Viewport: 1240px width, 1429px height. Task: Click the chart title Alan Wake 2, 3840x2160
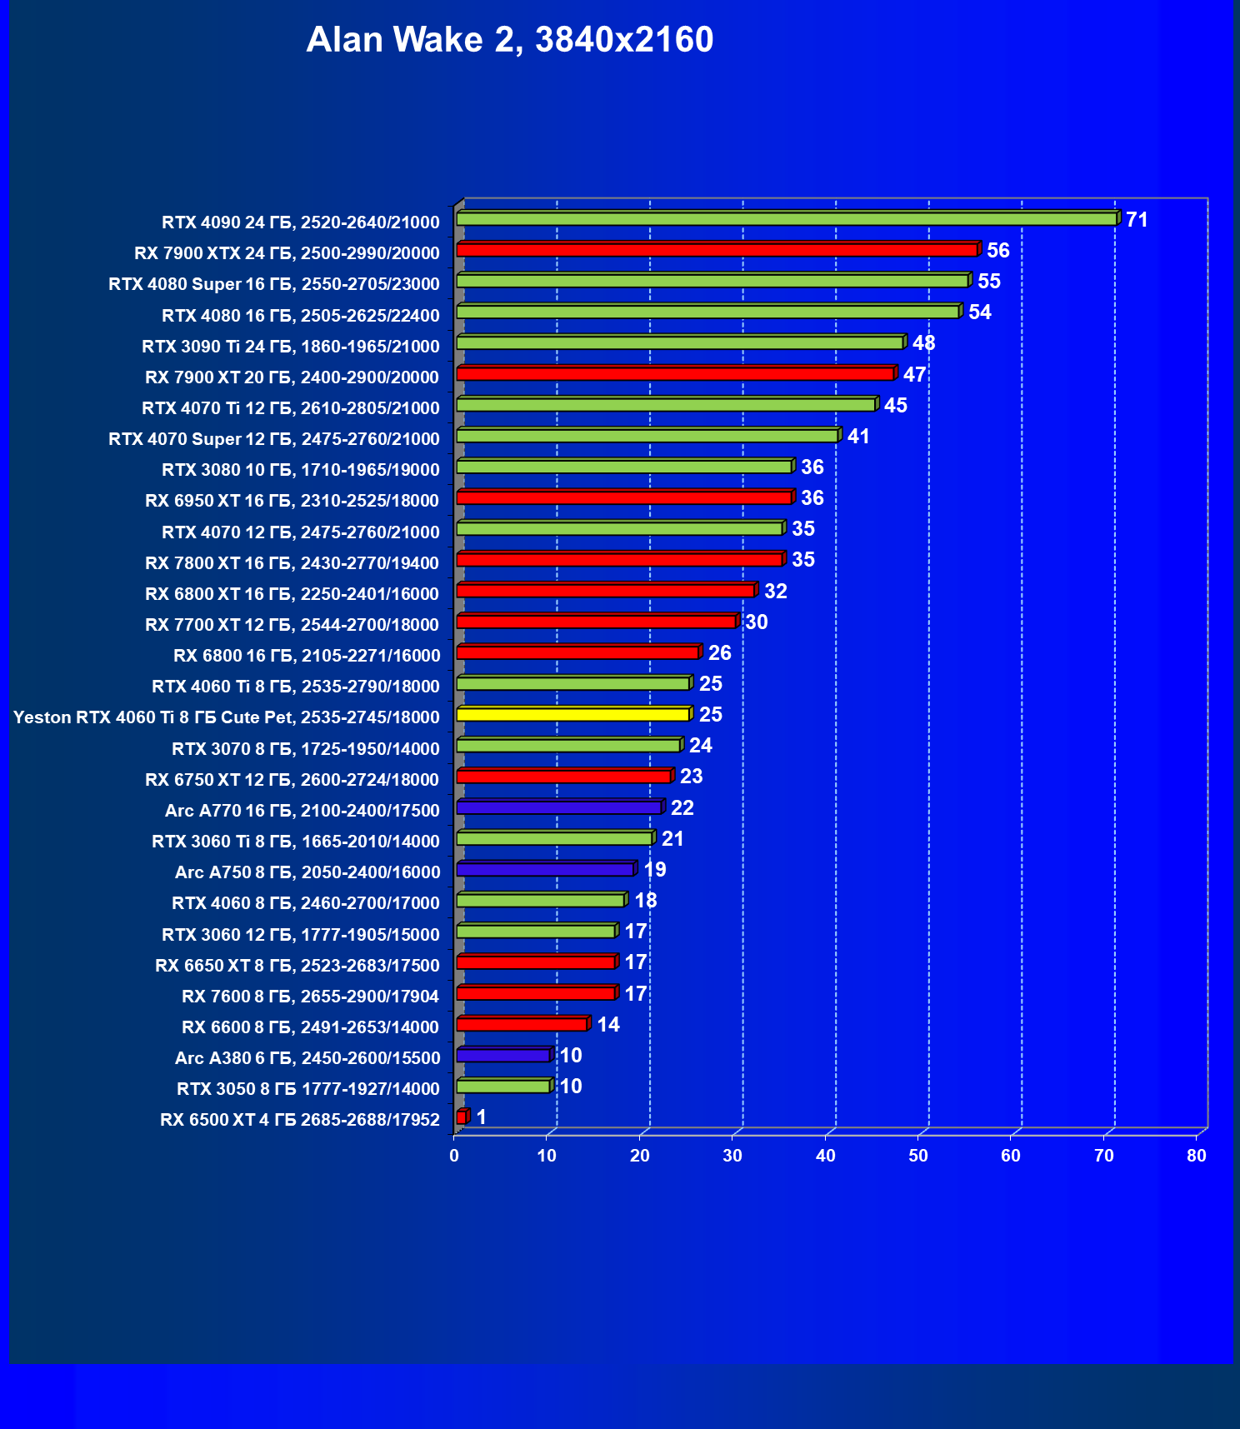coord(509,39)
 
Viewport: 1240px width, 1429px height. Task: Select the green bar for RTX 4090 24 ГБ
coord(786,219)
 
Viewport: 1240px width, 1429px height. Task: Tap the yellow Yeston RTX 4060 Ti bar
coord(572,714)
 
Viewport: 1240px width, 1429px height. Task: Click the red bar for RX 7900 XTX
coord(717,250)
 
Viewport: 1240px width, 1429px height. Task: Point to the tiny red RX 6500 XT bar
coord(462,1117)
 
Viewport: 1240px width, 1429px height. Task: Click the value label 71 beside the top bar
coord(1137,219)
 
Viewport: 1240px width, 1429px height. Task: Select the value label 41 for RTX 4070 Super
coord(858,436)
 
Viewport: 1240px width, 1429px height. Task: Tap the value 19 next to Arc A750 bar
coord(655,869)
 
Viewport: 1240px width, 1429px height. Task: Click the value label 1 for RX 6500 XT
coord(481,1117)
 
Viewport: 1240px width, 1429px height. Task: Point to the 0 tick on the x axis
coord(454,1156)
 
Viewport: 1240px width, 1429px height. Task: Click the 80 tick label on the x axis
coord(1197,1156)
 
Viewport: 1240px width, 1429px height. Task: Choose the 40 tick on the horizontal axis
coord(825,1156)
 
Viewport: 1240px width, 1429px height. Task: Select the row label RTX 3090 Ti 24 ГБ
coord(290,347)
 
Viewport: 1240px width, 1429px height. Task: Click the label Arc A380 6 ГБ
coord(307,1058)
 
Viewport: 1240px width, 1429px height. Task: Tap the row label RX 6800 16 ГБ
coord(306,656)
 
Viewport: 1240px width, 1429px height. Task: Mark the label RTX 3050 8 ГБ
coord(307,1089)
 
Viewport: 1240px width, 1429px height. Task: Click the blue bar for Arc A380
coord(502,1056)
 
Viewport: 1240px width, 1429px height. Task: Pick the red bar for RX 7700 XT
coord(596,622)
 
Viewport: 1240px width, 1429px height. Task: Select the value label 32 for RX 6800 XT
coord(776,591)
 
